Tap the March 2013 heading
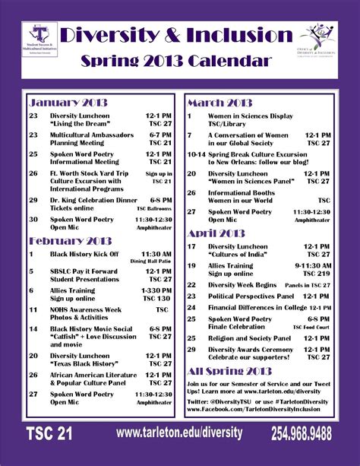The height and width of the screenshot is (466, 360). click(x=219, y=103)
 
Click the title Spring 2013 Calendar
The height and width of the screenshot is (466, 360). click(x=178, y=60)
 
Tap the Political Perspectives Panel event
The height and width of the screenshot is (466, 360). click(x=251, y=296)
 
